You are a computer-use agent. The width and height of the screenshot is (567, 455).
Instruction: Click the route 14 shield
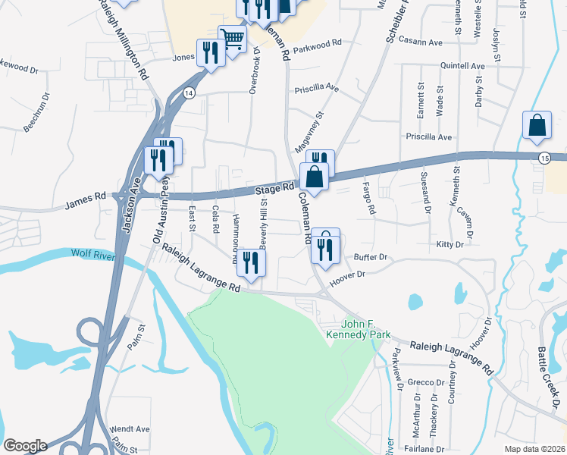[190, 93]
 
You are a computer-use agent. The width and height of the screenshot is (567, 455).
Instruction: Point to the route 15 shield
[544, 157]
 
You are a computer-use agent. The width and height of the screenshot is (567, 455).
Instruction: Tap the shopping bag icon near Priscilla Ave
[537, 126]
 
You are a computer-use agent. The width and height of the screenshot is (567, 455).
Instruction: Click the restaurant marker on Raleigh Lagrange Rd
[251, 262]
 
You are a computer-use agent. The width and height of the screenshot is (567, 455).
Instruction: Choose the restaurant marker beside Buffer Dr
[325, 245]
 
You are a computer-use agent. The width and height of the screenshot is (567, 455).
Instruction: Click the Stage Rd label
[274, 189]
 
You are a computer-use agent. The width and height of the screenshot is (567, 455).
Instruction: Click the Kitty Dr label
[450, 244]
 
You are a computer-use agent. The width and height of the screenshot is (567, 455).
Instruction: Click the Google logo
[25, 446]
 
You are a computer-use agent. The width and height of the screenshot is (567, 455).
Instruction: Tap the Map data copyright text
[535, 449]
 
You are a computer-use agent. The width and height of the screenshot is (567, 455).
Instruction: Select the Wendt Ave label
[130, 428]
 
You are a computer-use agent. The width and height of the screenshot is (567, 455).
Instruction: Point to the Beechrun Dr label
[36, 112]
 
